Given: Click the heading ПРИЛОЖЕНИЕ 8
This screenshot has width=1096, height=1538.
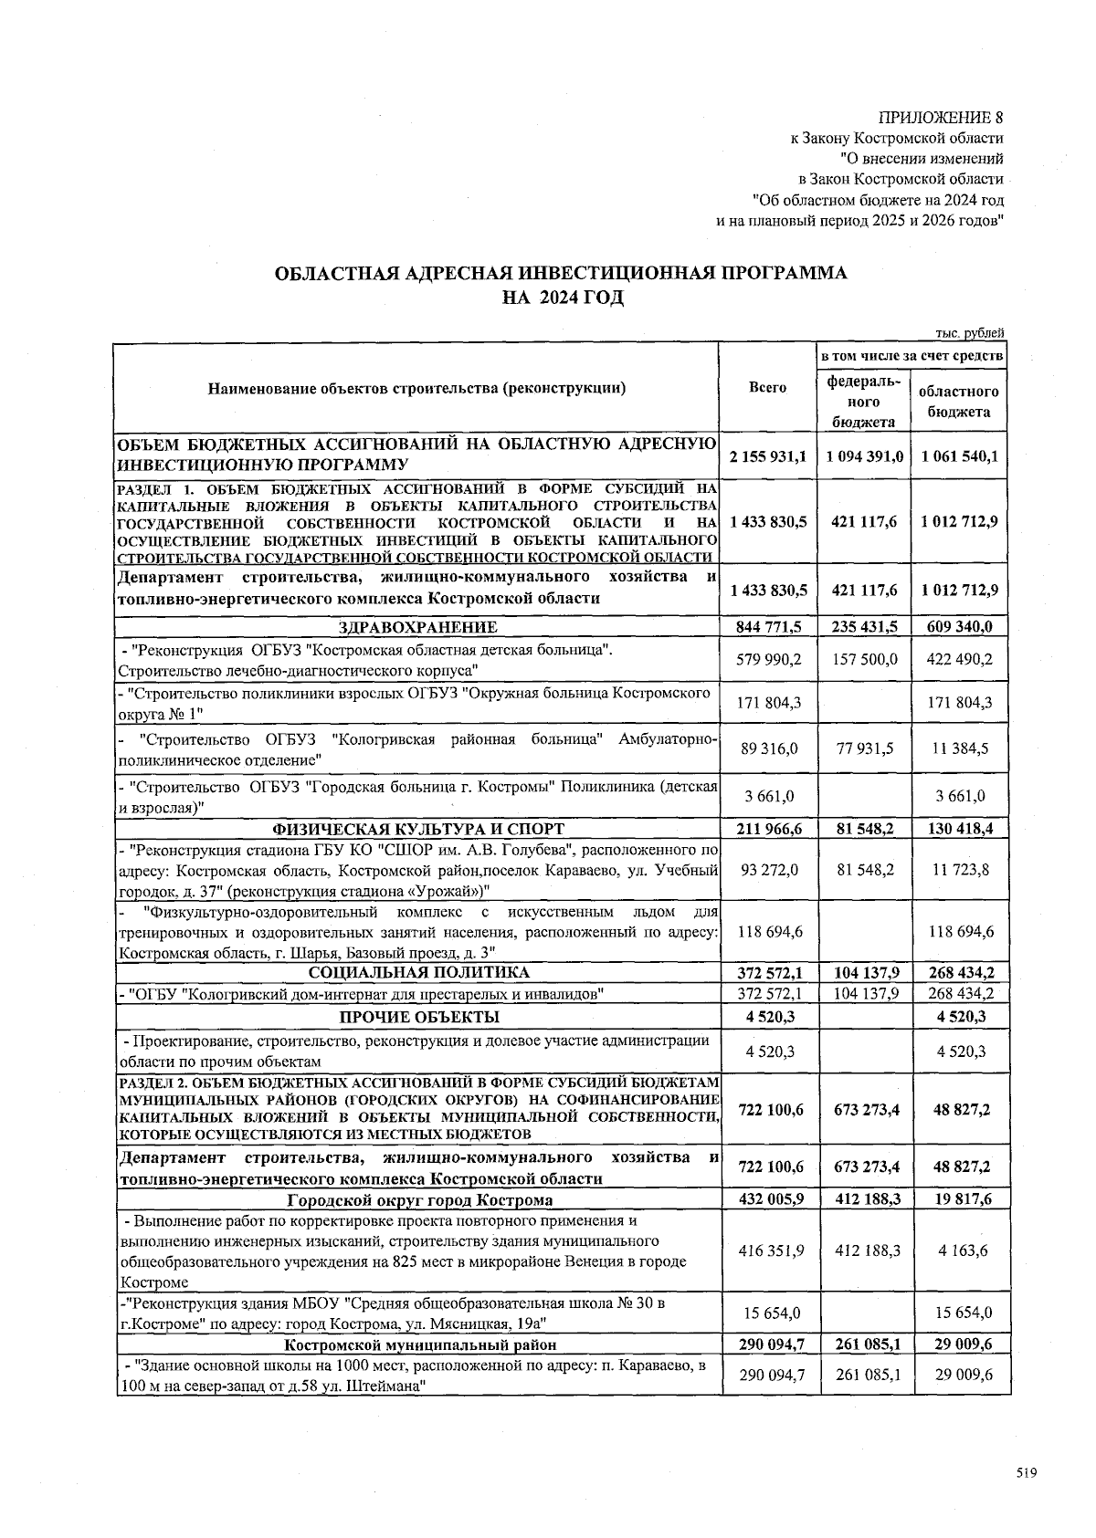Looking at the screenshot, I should point(941,118).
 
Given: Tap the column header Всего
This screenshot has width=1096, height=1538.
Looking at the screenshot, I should point(767,388).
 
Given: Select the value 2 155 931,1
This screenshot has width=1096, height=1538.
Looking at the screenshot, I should point(767,455).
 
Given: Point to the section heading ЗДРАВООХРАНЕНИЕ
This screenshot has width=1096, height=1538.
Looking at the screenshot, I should point(417,627).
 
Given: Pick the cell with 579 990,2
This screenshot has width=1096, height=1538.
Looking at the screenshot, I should point(769,659).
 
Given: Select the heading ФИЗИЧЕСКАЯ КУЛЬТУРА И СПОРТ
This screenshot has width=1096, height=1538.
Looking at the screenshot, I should point(417,829).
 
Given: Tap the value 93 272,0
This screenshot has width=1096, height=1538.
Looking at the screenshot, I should point(769,870).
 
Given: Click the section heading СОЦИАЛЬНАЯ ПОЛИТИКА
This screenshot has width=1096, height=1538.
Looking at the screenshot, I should point(417,972).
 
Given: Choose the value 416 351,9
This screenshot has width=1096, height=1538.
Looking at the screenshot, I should point(767,1250).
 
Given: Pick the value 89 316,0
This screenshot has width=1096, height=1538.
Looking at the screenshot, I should point(769,748).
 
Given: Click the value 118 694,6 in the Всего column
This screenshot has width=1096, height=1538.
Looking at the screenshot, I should point(769,932).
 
